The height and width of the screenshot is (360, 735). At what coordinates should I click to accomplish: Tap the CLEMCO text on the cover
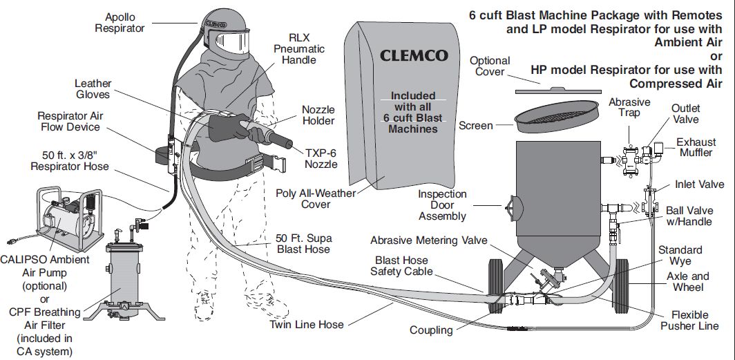coord(413,55)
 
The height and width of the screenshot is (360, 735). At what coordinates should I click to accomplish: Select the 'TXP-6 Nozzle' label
coord(321,158)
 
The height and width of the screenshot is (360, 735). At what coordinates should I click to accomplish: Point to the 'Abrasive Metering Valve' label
coord(429,240)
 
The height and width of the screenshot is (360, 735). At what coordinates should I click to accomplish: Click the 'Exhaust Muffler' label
coord(696,147)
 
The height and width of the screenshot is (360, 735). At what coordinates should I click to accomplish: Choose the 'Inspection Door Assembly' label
coord(443,205)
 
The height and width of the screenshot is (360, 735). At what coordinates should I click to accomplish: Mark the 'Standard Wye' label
coord(680,256)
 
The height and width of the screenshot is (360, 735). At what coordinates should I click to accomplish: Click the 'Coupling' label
coord(431,330)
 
